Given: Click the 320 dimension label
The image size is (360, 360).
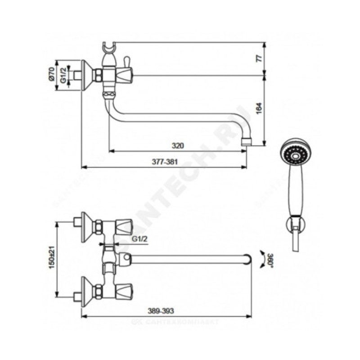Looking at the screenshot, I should (179, 145).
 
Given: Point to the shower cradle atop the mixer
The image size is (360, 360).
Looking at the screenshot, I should (109, 48).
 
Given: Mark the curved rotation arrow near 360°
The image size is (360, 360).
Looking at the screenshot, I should (261, 260).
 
